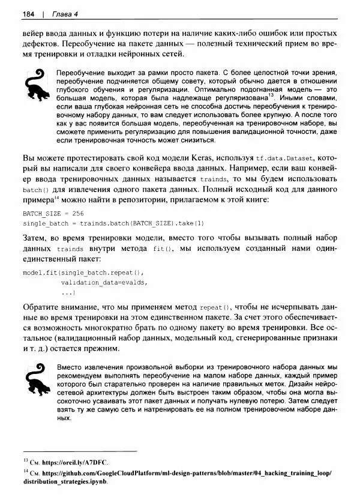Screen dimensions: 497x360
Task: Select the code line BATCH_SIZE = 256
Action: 53,213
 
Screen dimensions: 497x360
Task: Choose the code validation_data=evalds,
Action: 104,282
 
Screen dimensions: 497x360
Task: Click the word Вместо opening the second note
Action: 70,367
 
